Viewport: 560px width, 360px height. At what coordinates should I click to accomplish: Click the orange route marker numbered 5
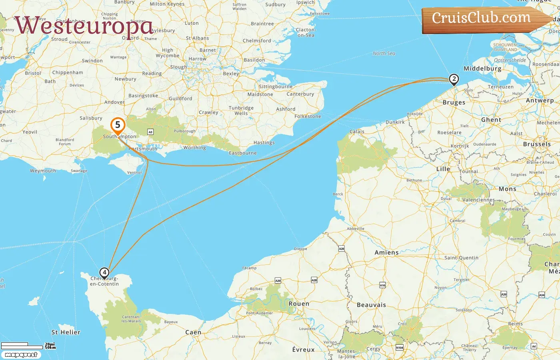[118, 126]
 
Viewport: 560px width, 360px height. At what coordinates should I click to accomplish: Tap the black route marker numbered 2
[454, 79]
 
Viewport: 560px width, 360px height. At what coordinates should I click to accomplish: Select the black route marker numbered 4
[104, 273]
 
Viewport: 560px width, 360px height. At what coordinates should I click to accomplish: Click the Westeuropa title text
[84, 26]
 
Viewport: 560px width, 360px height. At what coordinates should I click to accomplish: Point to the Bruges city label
[454, 102]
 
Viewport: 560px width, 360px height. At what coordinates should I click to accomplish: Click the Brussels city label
[537, 144]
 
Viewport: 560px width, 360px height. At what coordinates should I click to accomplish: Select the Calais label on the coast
[357, 132]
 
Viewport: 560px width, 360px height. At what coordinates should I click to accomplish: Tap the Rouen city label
[299, 304]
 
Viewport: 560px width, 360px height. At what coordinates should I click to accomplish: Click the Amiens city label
[386, 252]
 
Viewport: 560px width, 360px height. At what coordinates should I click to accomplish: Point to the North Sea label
[384, 53]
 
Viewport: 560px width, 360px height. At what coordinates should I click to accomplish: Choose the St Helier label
[66, 332]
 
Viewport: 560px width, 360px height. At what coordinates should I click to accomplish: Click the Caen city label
[193, 332]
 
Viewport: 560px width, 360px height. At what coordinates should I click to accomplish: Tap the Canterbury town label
[300, 94]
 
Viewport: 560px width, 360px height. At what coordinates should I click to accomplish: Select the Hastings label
[264, 142]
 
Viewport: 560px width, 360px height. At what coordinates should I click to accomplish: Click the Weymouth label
[43, 171]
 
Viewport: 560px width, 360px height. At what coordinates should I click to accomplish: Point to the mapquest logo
[21, 355]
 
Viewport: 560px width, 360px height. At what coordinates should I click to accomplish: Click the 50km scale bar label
[50, 347]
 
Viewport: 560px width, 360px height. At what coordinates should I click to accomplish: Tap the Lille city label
[443, 169]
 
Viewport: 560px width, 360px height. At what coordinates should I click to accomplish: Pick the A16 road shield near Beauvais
[382, 285]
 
